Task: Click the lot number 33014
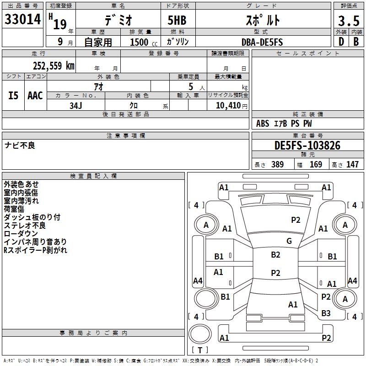click(22, 20)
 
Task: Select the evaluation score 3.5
click(348, 21)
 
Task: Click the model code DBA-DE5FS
click(262, 42)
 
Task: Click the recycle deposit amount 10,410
click(227, 105)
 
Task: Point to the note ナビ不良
click(20, 145)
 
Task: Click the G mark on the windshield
click(289, 241)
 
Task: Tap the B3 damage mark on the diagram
click(326, 313)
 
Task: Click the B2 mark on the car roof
click(275, 255)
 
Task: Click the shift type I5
click(14, 96)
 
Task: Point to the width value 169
click(316, 164)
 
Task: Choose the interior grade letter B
click(356, 42)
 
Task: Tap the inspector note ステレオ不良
click(25, 226)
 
